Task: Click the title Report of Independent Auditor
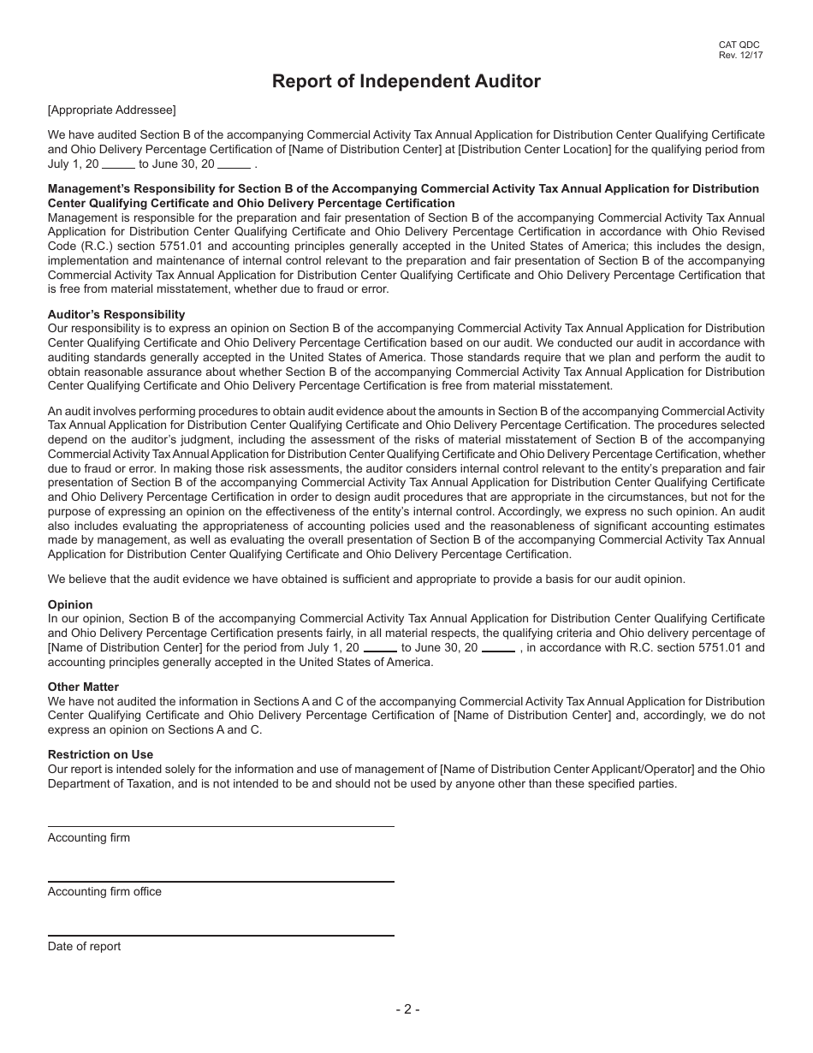coord(406,81)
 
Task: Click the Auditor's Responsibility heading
coord(116,314)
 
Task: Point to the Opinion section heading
coord(70,604)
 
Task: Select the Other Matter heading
coord(83,687)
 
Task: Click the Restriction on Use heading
coord(100,754)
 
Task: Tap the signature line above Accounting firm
coord(221,826)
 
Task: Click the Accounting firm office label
coord(104,891)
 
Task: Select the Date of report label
coord(84,946)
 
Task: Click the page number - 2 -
coord(407,1008)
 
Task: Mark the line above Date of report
coord(221,936)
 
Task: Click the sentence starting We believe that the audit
coord(366,579)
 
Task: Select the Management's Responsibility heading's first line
coord(403,188)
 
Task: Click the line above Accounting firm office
coord(221,881)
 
